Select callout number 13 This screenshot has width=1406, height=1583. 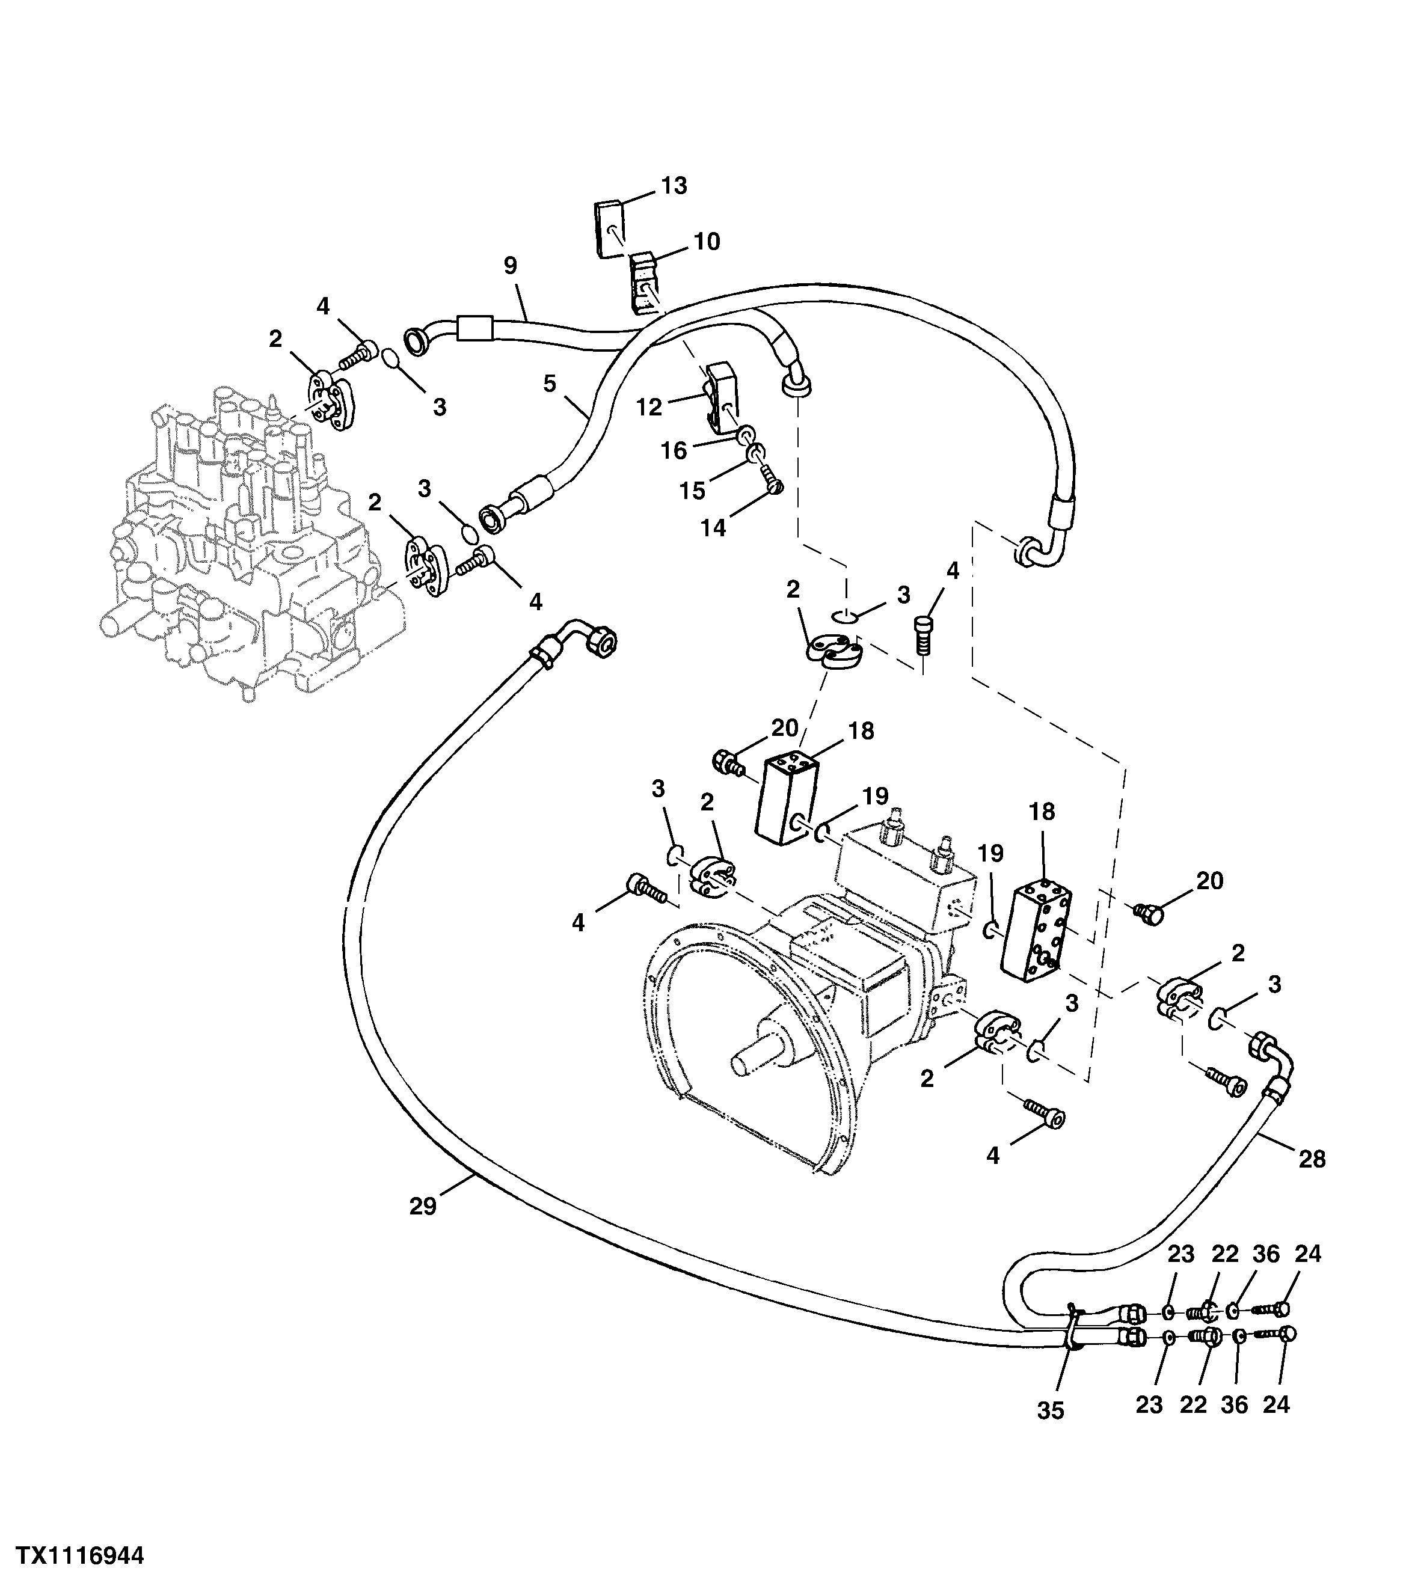674,186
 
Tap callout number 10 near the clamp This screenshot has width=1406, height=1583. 707,242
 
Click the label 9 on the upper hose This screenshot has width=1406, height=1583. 510,266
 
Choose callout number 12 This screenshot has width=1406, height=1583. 649,408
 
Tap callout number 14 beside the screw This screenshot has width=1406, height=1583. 713,528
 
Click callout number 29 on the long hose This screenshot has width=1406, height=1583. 423,1207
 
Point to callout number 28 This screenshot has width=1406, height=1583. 1312,1181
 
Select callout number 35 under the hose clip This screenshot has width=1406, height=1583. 1051,1411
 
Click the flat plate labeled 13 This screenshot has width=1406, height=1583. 610,227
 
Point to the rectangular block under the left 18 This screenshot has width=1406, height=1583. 788,801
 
